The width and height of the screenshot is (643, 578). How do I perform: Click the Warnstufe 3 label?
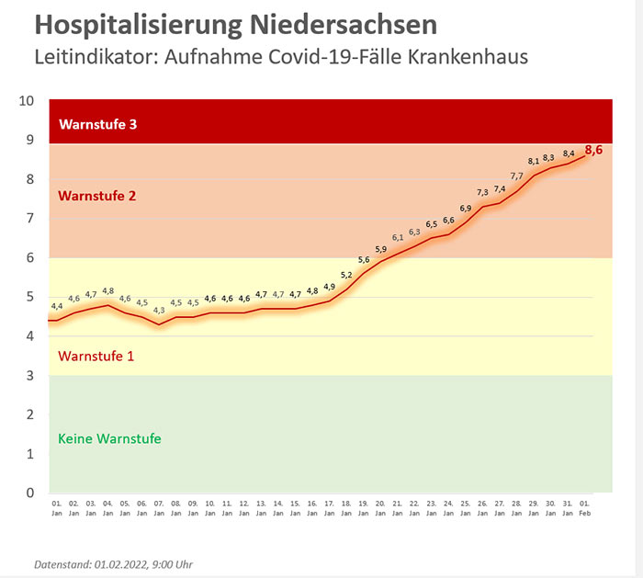pyautogui.click(x=97, y=124)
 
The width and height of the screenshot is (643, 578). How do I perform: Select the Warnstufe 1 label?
pyautogui.click(x=96, y=355)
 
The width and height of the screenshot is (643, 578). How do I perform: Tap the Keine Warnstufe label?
pyautogui.click(x=109, y=438)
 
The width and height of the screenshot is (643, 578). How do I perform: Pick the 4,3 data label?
pyautogui.click(x=159, y=311)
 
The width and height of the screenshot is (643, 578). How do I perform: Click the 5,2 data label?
pyautogui.click(x=346, y=274)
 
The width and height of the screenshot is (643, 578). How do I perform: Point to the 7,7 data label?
pyautogui.click(x=516, y=176)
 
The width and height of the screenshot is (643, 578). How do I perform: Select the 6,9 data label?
pyautogui.click(x=466, y=209)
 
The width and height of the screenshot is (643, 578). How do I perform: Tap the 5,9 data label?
pyautogui.click(x=380, y=249)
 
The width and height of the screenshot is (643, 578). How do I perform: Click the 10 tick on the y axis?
pyautogui.click(x=28, y=100)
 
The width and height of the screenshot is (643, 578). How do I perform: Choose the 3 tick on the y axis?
pyautogui.click(x=31, y=375)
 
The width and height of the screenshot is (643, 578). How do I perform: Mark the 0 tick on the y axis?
pyautogui.click(x=31, y=493)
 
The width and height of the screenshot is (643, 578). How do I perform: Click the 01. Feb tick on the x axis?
pyautogui.click(x=584, y=508)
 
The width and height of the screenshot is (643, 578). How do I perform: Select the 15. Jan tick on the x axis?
pyautogui.click(x=295, y=508)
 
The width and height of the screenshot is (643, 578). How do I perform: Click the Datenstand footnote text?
pyautogui.click(x=113, y=563)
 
